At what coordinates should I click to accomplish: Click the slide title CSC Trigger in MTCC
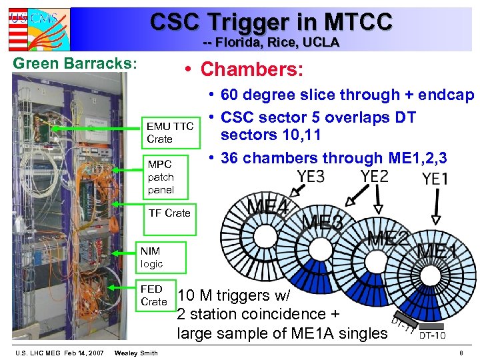click(271, 21)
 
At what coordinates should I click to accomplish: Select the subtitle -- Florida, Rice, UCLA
click(271, 43)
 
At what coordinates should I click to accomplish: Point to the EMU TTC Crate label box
click(171, 133)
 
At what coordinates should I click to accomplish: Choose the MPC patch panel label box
click(170, 177)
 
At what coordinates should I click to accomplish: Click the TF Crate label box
click(169, 213)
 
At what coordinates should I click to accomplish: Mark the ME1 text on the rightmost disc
click(437, 252)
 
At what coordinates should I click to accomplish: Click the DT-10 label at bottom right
click(433, 335)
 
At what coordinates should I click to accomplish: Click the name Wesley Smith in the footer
click(136, 353)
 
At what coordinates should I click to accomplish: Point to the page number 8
click(460, 353)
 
